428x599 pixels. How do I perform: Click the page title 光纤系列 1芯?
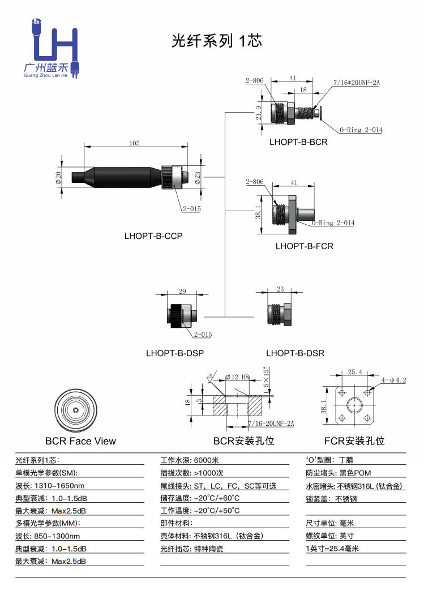(x=217, y=41)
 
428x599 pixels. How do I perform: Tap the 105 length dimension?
(x=134, y=143)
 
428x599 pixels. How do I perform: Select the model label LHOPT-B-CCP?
(x=153, y=236)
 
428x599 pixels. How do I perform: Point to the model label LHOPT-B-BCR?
(x=298, y=142)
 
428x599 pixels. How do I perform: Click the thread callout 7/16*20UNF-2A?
(x=356, y=83)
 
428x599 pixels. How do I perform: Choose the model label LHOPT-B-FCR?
(x=304, y=246)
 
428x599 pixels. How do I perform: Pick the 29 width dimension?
(x=182, y=292)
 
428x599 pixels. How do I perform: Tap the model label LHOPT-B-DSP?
(x=175, y=353)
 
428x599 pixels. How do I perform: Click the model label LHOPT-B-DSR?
(x=295, y=353)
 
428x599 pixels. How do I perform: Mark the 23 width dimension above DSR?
(x=280, y=289)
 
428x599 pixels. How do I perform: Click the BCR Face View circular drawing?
(x=76, y=410)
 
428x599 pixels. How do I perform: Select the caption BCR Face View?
(x=80, y=441)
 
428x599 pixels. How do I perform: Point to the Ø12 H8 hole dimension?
(x=237, y=376)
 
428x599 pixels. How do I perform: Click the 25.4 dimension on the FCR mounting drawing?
(x=355, y=372)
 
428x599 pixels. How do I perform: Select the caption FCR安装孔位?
(x=354, y=441)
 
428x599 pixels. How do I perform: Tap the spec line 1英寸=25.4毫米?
(x=332, y=549)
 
